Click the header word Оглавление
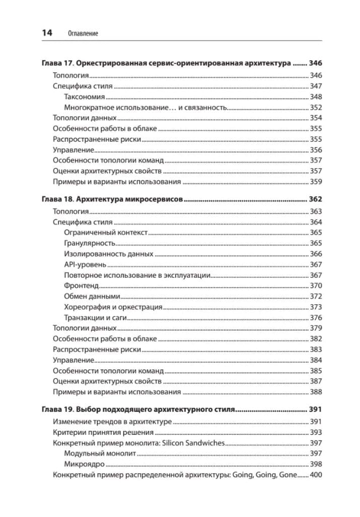point(83,34)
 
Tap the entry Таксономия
point(85,97)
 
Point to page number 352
point(316,107)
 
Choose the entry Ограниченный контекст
point(106,232)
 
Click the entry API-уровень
point(85,265)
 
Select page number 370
point(316,286)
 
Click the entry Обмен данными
point(92,296)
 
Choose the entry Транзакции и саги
point(95,317)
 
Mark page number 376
point(316,317)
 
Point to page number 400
point(316,475)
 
